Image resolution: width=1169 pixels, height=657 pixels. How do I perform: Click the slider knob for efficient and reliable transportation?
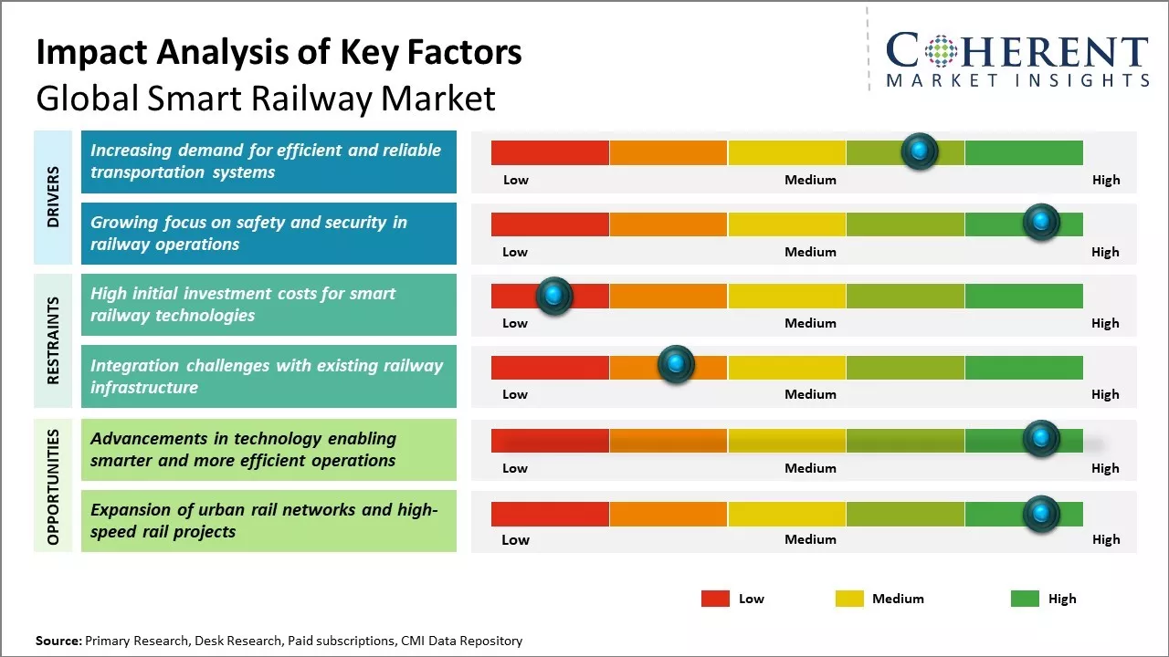(920, 151)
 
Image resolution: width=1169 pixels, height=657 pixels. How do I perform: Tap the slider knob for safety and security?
(1040, 222)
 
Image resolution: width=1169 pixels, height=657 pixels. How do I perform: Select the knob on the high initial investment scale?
(553, 296)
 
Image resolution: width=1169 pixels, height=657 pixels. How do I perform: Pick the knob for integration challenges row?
(676, 365)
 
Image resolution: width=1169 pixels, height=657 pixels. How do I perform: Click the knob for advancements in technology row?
(1040, 439)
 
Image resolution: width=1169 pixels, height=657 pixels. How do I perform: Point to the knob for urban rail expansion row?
(1040, 514)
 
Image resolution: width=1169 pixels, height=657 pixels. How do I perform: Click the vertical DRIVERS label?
(53, 196)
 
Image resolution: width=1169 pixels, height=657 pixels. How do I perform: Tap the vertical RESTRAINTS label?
(53, 340)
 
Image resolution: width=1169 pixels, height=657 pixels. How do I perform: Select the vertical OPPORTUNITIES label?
(53, 486)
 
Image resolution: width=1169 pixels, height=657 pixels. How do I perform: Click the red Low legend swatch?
(715, 599)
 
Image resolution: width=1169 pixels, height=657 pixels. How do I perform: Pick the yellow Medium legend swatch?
(849, 599)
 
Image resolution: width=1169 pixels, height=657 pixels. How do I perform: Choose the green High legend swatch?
(1025, 599)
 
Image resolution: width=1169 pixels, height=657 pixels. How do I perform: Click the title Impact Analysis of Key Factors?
(279, 52)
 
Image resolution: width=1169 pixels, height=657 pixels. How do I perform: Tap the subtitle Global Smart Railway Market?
(265, 98)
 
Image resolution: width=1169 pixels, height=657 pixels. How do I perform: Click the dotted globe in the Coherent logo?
(939, 51)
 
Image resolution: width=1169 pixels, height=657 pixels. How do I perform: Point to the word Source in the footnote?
(58, 641)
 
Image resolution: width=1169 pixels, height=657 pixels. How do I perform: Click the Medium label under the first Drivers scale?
(810, 180)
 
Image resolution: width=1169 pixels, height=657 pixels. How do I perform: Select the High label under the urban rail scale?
(1105, 539)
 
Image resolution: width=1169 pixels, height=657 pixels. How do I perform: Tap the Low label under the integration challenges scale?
(515, 394)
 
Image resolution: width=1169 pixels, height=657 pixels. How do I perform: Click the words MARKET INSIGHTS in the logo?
(1017, 80)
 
